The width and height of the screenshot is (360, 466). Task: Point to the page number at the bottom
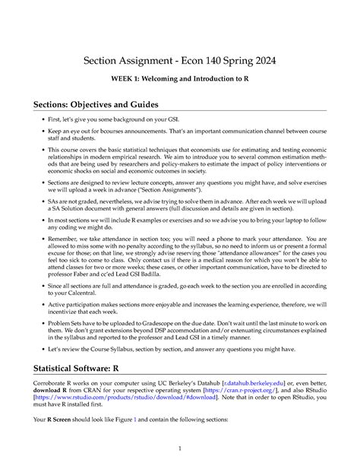(x=180, y=448)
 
